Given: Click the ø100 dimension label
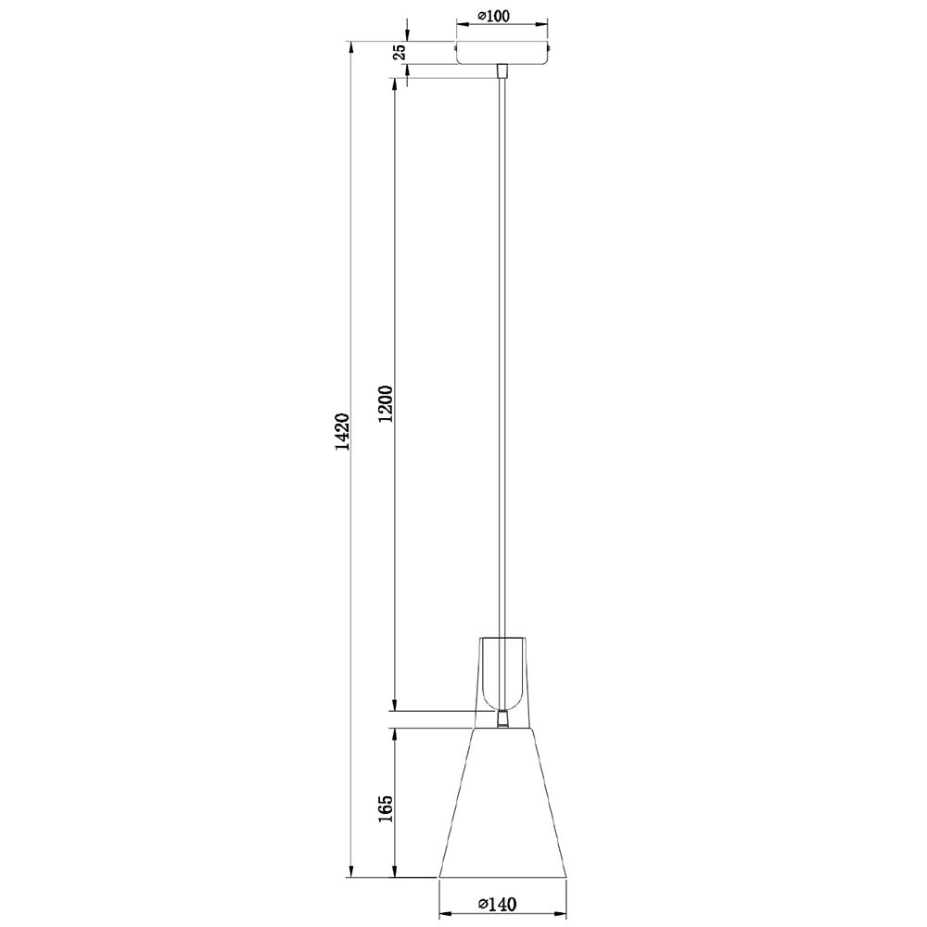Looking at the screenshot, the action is [493, 16].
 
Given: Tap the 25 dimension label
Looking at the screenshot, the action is [400, 52].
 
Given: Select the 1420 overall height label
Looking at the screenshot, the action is [342, 432].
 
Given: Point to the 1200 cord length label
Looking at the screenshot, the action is [386, 404].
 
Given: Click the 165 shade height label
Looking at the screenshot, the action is [386, 808].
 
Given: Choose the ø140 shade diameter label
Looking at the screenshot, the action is [498, 904].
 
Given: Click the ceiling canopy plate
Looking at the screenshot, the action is [502, 53].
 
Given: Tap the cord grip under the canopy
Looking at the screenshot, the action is [502, 70].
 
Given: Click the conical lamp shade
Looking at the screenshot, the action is [502, 802].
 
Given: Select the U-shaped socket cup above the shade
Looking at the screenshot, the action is [502, 675].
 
